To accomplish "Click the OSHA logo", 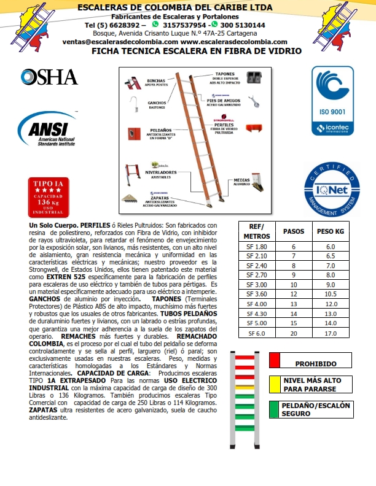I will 49,77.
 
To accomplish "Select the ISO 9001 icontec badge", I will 332,102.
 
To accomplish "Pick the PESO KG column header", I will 330,232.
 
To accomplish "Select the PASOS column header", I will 293,232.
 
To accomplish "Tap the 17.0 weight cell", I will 331,334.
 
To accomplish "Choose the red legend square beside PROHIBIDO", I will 275,360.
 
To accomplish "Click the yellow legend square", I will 275,384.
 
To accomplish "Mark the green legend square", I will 275,409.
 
